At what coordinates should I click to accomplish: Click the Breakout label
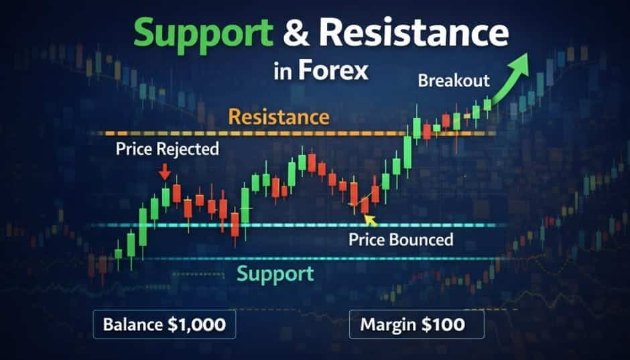[454, 82]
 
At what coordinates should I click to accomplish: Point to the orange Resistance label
[279, 118]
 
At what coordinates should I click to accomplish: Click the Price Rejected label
[167, 149]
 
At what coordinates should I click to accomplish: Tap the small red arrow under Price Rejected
[165, 174]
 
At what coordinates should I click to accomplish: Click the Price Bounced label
[401, 239]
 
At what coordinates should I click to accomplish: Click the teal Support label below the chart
[275, 274]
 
